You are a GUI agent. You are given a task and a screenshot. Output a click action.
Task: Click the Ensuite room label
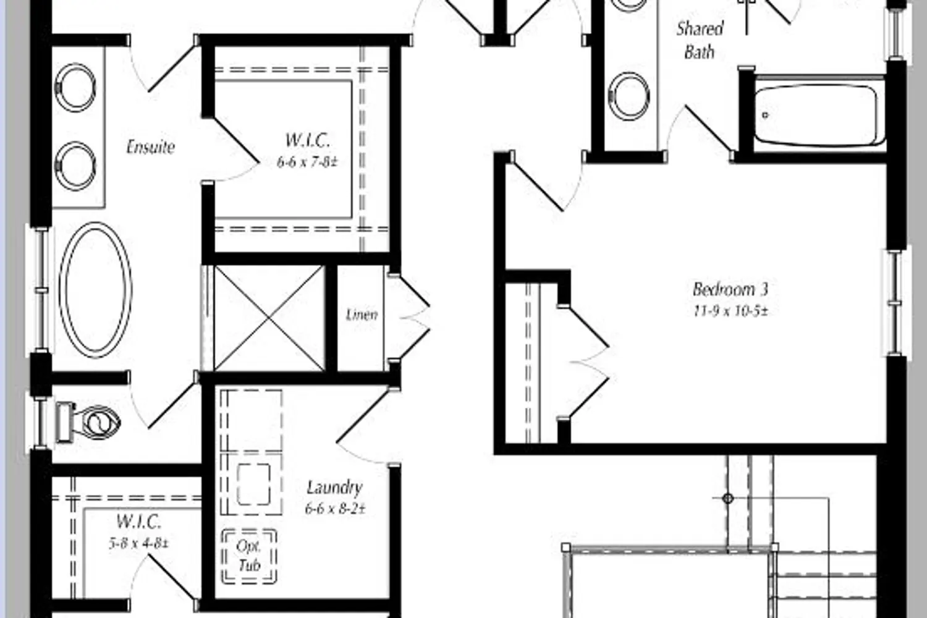(x=150, y=147)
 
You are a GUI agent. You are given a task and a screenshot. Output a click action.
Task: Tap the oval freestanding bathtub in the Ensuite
(x=96, y=290)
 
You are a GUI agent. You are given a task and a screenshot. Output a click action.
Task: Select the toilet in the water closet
(x=88, y=422)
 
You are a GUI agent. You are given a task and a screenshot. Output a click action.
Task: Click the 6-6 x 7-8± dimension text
(x=308, y=163)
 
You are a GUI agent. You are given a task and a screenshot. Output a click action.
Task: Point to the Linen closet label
(x=362, y=315)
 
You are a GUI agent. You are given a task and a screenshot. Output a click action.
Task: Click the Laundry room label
(x=334, y=488)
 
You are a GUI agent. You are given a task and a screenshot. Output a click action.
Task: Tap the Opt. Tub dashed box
(x=249, y=556)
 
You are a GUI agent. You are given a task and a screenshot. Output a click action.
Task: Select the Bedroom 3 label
(x=730, y=289)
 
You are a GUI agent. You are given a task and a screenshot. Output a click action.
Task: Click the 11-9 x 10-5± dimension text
(x=730, y=311)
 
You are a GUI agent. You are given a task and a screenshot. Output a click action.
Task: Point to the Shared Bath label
(x=700, y=40)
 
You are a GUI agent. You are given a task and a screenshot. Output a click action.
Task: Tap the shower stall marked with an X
(x=269, y=318)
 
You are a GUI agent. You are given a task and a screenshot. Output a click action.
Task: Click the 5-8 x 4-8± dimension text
(x=138, y=543)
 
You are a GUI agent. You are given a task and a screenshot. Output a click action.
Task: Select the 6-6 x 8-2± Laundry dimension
(x=335, y=509)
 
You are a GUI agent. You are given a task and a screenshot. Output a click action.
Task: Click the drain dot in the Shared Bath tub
(x=765, y=115)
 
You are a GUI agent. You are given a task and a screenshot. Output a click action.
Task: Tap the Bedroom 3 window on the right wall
(x=896, y=303)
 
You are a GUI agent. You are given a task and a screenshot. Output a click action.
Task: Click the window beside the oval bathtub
(x=40, y=290)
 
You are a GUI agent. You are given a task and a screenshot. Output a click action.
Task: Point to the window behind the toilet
(x=40, y=422)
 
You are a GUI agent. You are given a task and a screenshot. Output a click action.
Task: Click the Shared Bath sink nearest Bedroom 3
(x=629, y=96)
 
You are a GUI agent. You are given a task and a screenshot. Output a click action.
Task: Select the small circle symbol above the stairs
(x=727, y=498)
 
